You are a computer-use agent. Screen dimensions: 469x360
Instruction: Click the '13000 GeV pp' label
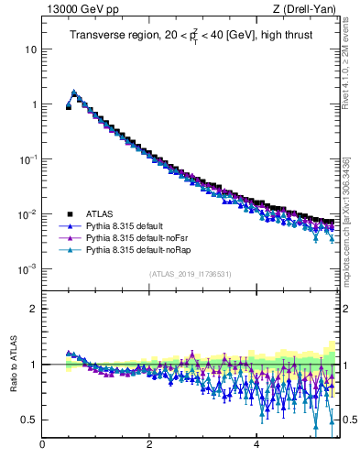tap(76, 10)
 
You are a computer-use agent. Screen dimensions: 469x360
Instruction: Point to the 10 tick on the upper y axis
tap(30, 49)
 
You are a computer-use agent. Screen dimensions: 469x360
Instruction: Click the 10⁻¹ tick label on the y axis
tap(27, 158)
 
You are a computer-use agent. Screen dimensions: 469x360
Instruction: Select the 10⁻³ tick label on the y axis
tap(27, 269)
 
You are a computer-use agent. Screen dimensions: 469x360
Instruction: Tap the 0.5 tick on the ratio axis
tap(28, 420)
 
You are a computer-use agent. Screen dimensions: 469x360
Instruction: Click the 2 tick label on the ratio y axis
tap(33, 309)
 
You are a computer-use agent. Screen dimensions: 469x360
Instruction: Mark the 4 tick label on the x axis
tap(256, 445)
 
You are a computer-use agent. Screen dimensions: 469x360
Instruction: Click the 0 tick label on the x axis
tap(42, 445)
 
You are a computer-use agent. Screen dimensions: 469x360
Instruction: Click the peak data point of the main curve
tap(74, 93)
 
